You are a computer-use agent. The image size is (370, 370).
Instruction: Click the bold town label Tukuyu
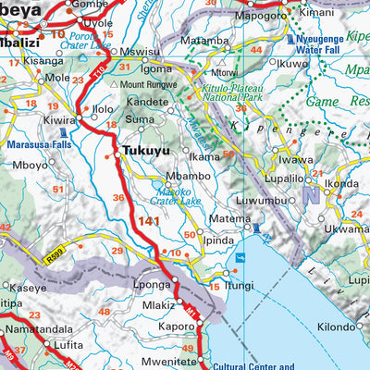pos(143,152)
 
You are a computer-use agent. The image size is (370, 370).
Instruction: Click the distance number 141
pos(146,222)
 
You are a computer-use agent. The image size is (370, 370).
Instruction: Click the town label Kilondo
pos(336,327)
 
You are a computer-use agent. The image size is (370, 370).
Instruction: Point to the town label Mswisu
pos(142,54)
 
